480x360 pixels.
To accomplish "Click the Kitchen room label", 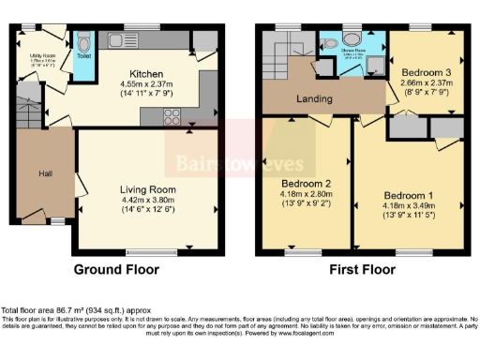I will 147,74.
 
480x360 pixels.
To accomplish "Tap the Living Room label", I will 150,189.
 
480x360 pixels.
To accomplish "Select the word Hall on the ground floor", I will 45,173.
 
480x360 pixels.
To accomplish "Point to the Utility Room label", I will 44,55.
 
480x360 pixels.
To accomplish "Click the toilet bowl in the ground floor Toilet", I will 83,42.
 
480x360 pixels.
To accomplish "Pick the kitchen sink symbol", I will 122,38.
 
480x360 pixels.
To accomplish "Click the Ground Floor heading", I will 117,269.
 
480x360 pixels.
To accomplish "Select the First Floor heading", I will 357,269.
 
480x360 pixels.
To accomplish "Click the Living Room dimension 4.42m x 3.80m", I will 150,200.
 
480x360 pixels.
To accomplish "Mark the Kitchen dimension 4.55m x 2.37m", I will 147,84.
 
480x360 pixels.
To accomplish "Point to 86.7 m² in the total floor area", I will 71,310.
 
